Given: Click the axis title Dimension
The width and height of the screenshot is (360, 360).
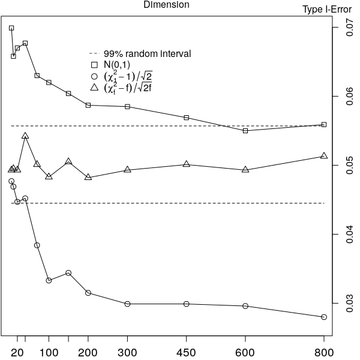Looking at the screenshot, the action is tap(166, 4).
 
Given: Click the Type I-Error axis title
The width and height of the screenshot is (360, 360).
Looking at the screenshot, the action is tap(327, 10).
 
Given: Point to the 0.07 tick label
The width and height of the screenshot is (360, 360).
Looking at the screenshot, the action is tap(349, 28).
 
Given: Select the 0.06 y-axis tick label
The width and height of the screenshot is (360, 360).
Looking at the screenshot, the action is tap(349, 96).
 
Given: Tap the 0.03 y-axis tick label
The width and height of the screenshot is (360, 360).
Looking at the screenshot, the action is tap(349, 303).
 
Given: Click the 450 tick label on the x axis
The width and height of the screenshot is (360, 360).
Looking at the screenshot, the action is tap(186, 353).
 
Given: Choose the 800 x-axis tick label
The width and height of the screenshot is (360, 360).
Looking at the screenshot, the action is tap(324, 353).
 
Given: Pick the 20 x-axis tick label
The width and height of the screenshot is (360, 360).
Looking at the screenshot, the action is tap(17, 353).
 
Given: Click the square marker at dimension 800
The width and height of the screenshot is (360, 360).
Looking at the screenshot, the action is tap(324, 125).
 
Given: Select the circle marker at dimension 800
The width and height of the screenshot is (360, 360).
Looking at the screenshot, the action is tap(324, 317).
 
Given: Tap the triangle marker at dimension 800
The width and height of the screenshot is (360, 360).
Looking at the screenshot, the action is tap(324, 155).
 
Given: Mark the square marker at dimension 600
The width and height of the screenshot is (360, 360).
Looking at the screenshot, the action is tap(245, 131).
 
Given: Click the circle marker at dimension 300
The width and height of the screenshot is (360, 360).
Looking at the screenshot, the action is tap(127, 304).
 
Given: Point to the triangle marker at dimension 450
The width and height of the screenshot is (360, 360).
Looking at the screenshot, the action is tap(187, 164).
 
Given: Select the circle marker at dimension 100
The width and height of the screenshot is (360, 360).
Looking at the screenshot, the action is tap(49, 281).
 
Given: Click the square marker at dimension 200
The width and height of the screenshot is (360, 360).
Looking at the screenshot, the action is tap(88, 105).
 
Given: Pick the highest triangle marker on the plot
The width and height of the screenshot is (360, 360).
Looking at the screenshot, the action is tap(25, 136).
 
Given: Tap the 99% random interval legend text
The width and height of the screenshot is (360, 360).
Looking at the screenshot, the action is tap(147, 53).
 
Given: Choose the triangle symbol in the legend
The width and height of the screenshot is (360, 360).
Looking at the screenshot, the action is tap(94, 87).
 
